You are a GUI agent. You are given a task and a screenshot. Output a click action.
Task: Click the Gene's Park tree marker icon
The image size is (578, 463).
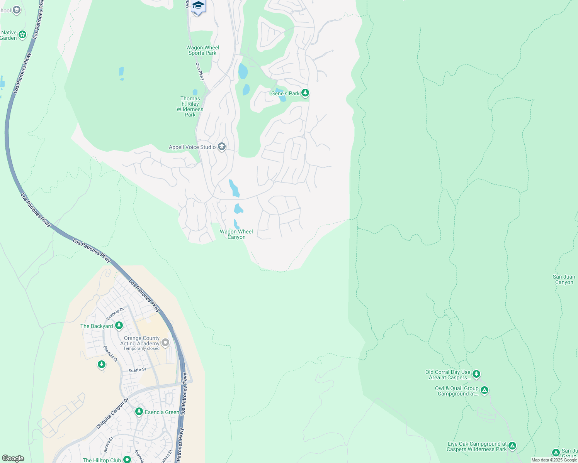click(x=305, y=93)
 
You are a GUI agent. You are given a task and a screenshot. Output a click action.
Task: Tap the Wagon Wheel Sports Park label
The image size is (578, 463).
click(x=202, y=51)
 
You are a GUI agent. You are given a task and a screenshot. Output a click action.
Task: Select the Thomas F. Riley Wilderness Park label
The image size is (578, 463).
click(x=190, y=106)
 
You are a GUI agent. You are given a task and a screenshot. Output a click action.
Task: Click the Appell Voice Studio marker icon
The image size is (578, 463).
click(x=222, y=147)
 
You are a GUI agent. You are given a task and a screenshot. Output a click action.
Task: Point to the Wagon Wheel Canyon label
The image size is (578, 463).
click(x=236, y=234)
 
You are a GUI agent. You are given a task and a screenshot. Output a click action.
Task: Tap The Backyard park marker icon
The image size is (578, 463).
click(x=119, y=326)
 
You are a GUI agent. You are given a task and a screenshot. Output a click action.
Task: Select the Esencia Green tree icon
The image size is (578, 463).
click(x=139, y=412)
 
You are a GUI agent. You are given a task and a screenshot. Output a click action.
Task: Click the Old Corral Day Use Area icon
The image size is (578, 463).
click(x=476, y=374)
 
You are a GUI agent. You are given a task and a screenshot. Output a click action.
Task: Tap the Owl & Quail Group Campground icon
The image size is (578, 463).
click(x=484, y=390)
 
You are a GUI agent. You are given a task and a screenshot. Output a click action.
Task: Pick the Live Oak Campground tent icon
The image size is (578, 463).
click(x=512, y=446)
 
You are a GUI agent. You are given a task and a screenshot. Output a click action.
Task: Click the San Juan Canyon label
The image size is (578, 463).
click(x=564, y=279)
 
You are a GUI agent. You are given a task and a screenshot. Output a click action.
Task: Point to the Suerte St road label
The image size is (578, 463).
click(x=137, y=370)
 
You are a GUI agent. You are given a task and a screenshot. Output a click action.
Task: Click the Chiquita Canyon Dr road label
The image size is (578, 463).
click(x=112, y=414)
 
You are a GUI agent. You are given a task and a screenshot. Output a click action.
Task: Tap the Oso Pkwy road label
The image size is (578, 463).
click(x=200, y=72)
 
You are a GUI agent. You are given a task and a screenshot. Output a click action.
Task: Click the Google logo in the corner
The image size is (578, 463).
click(x=13, y=458)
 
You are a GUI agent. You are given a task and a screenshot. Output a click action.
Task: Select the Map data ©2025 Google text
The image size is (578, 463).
click(x=554, y=460)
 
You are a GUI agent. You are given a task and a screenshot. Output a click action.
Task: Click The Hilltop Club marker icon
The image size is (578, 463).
click(x=127, y=460)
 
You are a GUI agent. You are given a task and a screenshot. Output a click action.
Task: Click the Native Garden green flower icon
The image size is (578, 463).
click(x=22, y=35)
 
